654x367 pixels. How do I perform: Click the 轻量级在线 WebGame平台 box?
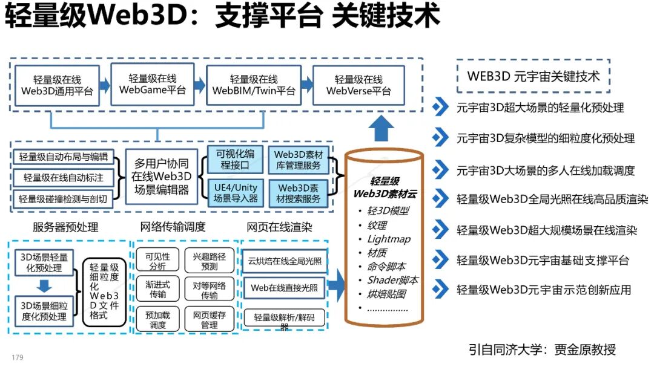(153, 85)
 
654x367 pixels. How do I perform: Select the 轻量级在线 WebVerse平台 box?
(358, 85)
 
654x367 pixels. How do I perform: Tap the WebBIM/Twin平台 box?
(254, 85)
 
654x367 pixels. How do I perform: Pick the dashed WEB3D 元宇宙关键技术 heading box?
(533, 76)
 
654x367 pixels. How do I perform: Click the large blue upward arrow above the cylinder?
(382, 128)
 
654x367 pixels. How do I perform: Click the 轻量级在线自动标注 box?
(64, 178)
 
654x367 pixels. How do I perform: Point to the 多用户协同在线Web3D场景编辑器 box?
(162, 177)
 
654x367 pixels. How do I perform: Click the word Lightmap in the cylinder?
(389, 239)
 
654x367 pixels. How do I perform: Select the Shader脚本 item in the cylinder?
(392, 280)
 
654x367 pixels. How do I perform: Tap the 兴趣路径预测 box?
(209, 261)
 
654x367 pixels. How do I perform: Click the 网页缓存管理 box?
(209, 320)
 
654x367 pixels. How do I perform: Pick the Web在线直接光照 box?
(284, 288)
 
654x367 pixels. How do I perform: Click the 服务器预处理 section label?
(65, 227)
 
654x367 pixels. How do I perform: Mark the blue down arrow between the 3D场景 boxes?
(45, 285)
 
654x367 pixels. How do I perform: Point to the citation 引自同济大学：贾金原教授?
(542, 349)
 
